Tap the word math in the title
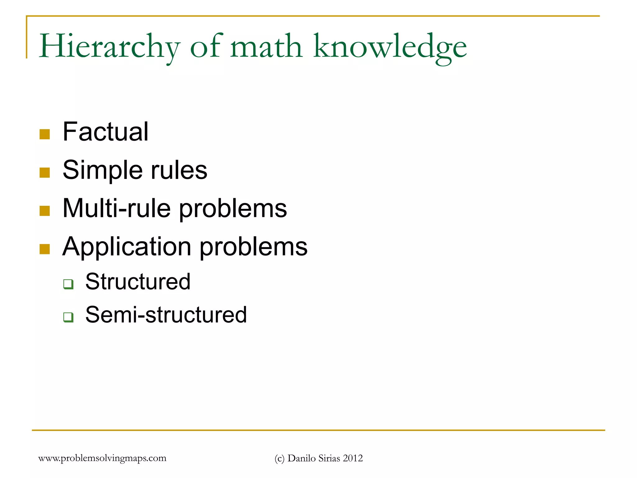(x=266, y=47)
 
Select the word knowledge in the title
(x=390, y=47)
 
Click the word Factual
(x=105, y=132)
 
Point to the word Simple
(x=103, y=170)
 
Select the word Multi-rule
(x=117, y=208)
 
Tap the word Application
(x=127, y=246)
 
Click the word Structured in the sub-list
(x=138, y=282)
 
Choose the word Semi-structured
(x=166, y=315)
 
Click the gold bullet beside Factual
(x=45, y=134)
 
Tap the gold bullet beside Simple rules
(x=45, y=173)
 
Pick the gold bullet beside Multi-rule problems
(x=45, y=211)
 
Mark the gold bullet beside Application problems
(x=45, y=249)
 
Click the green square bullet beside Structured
(x=68, y=284)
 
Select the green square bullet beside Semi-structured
(x=68, y=317)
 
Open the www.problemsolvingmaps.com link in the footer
(x=102, y=458)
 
